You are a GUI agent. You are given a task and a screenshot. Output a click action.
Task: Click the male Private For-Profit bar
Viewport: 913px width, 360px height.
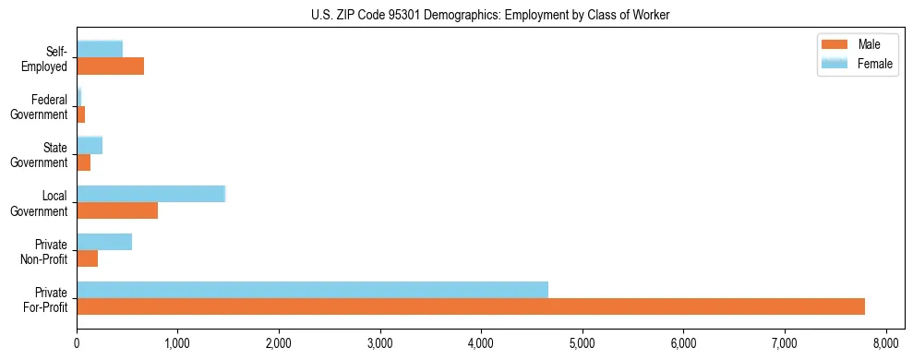(x=471, y=306)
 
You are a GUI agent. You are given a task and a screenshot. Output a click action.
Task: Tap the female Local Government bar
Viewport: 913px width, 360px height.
(x=150, y=194)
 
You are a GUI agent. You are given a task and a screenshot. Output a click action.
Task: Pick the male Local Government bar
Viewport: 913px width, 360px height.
(x=117, y=210)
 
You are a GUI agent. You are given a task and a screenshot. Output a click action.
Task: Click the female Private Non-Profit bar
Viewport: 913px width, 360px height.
(x=104, y=242)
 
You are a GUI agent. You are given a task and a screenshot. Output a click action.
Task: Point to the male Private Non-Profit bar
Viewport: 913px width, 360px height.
(x=88, y=258)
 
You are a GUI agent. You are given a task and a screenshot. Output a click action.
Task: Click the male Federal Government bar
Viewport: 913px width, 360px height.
(x=81, y=114)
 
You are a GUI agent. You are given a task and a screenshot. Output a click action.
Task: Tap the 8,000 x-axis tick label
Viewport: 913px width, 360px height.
(x=885, y=343)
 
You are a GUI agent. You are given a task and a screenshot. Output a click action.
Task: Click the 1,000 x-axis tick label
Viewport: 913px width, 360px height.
(x=177, y=343)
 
